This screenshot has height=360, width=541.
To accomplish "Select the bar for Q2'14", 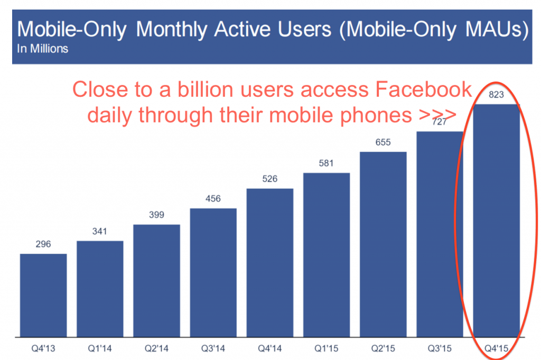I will [156, 280].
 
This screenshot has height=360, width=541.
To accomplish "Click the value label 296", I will [43, 244].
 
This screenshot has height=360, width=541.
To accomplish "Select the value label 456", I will [213, 199].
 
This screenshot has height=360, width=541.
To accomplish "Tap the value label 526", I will [270, 179].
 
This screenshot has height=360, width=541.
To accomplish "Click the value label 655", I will [384, 142].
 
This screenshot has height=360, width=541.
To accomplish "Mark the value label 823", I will [497, 95].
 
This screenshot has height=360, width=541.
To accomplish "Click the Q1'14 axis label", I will [100, 349].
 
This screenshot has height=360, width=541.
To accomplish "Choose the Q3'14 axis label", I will [213, 349].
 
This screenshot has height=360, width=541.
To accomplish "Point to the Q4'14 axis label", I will [270, 349].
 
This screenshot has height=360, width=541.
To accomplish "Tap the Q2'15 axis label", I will [384, 349].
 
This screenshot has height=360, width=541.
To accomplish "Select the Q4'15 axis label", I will [497, 349].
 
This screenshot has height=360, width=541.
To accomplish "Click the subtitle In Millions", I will [42, 49].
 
